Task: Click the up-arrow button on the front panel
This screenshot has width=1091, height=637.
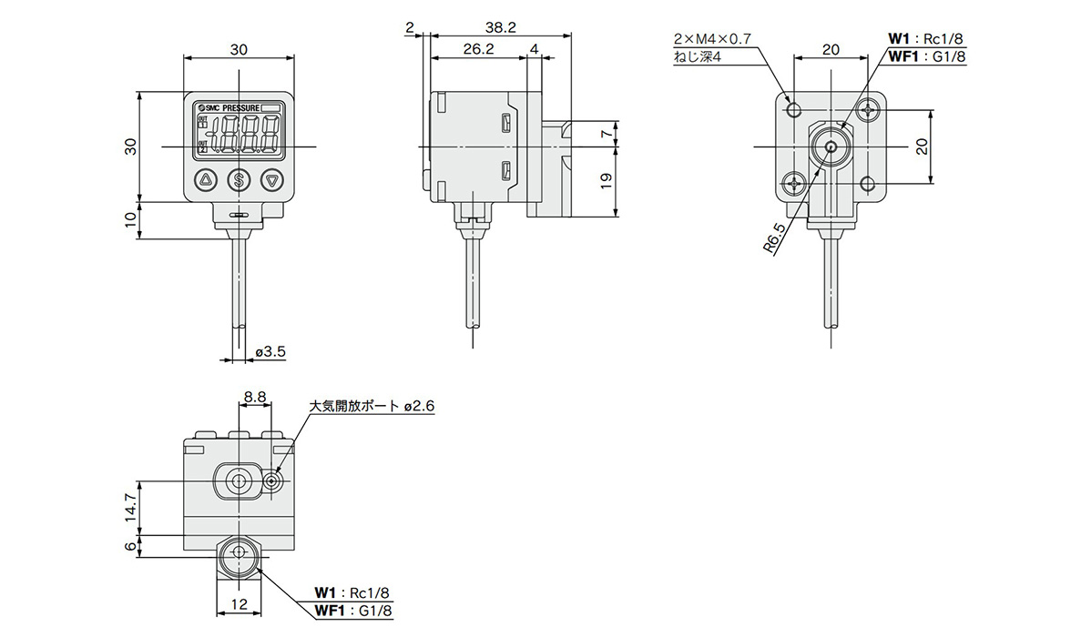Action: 205,180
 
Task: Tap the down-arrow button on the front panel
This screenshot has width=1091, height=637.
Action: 272,180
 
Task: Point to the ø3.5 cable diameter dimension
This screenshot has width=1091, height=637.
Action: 270,350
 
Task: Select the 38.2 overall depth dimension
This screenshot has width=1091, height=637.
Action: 501,28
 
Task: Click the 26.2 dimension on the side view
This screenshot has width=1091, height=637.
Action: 477,49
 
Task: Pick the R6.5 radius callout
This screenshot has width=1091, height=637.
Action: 774,239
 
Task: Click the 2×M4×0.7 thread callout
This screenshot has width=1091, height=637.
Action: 712,39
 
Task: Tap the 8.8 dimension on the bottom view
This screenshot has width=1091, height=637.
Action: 254,396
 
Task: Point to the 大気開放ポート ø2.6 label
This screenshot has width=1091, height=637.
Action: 372,406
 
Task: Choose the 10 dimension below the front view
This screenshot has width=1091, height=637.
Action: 130,219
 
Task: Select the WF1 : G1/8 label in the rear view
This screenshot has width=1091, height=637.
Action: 925,56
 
